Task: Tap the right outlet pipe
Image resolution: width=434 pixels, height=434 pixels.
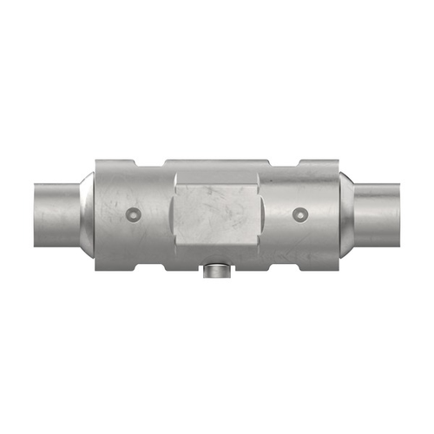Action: coord(378,212)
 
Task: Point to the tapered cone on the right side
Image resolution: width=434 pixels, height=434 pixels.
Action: coord(348,212)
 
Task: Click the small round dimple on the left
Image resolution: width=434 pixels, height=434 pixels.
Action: coord(132,213)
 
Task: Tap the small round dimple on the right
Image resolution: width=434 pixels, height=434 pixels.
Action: coord(300,213)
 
